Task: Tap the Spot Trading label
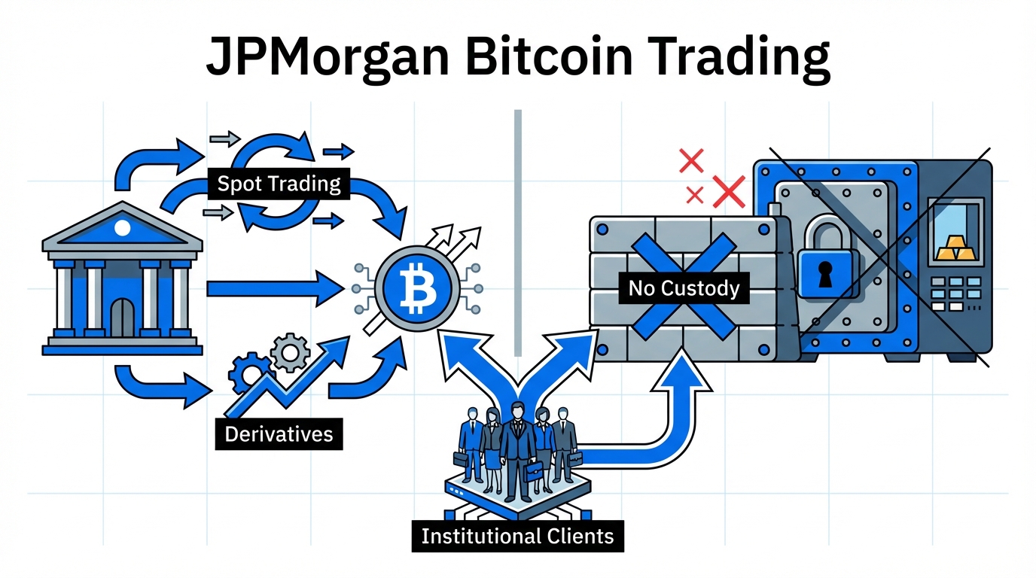pyautogui.click(x=279, y=183)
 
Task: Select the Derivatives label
pyautogui.click(x=279, y=434)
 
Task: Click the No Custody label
pyautogui.click(x=684, y=287)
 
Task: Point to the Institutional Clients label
pyautogui.click(x=518, y=537)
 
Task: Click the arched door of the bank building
pyautogui.click(x=122, y=317)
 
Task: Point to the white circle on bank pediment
pyautogui.click(x=122, y=226)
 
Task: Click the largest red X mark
pyautogui.click(x=728, y=191)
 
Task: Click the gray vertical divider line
pyautogui.click(x=517, y=233)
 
